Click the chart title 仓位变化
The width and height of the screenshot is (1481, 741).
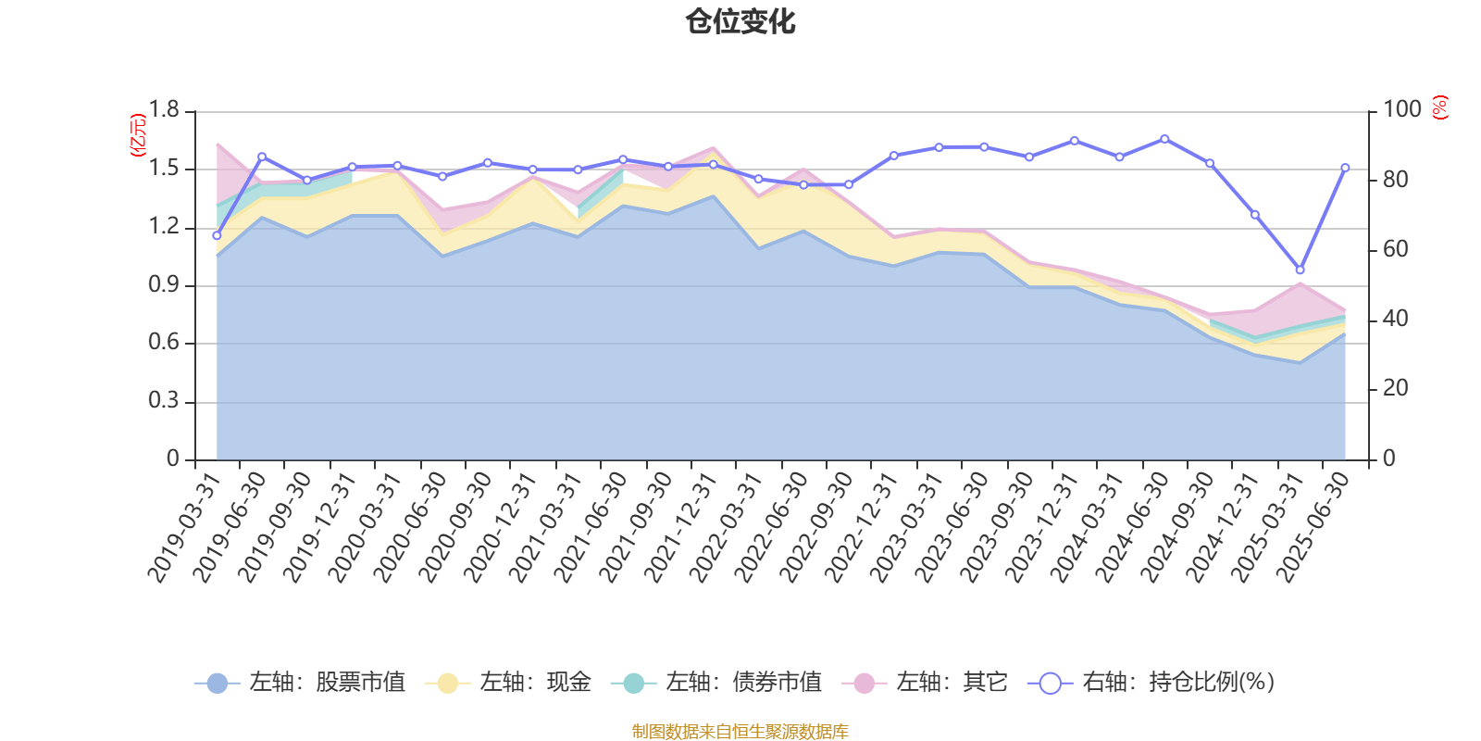(x=740, y=21)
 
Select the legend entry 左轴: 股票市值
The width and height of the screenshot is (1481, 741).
(x=300, y=683)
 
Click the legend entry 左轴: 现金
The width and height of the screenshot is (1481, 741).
(x=508, y=683)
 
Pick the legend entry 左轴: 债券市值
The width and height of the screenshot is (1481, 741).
(x=716, y=683)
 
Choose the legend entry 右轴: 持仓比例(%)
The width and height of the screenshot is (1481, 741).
(x=1151, y=683)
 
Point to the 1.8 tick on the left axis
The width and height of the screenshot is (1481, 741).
(x=164, y=111)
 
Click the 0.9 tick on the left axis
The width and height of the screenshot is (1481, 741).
(x=164, y=285)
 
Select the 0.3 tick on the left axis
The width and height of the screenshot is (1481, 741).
(x=164, y=402)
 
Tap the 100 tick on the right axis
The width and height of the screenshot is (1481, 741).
(x=1402, y=109)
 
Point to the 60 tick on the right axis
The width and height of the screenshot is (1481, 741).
(x=1396, y=249)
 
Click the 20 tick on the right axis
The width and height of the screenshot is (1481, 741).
(x=1396, y=389)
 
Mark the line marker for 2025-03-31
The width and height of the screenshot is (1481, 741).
(x=1300, y=270)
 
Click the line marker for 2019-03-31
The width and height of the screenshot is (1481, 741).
(x=217, y=235)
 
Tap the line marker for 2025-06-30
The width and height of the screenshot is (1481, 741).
(x=1345, y=168)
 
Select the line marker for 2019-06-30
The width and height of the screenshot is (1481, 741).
(x=262, y=157)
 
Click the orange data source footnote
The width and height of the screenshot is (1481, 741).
(x=740, y=732)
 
